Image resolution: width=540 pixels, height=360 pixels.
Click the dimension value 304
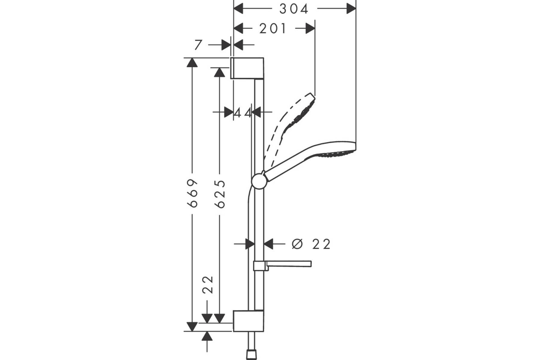point(293,9)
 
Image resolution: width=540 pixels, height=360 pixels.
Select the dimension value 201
point(273,29)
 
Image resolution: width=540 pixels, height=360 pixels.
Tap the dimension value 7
point(198,45)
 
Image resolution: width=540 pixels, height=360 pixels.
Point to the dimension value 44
point(243,112)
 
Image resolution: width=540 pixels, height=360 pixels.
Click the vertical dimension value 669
point(193,193)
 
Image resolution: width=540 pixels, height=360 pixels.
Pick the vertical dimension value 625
point(220,194)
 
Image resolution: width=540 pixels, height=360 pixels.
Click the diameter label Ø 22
point(311,244)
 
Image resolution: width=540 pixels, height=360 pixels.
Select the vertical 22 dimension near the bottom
point(207,284)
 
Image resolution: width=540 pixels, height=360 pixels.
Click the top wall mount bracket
point(247,68)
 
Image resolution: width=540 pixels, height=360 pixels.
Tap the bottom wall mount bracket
point(248,321)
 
